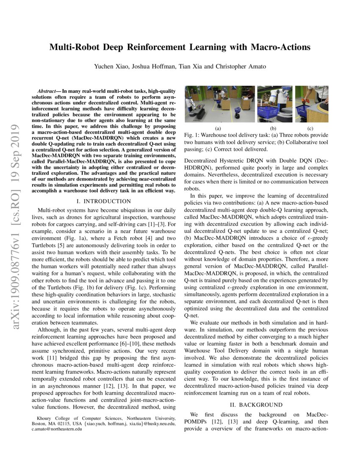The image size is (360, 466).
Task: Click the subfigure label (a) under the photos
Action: tap(219, 128)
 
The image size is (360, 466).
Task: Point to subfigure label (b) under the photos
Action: tap(273, 128)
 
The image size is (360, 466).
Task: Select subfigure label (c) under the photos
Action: tap(310, 128)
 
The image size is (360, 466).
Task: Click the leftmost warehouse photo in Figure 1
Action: tap(220, 104)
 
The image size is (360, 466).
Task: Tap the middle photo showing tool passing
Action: tap(274, 104)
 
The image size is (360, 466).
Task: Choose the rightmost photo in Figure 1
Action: tap(311, 104)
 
